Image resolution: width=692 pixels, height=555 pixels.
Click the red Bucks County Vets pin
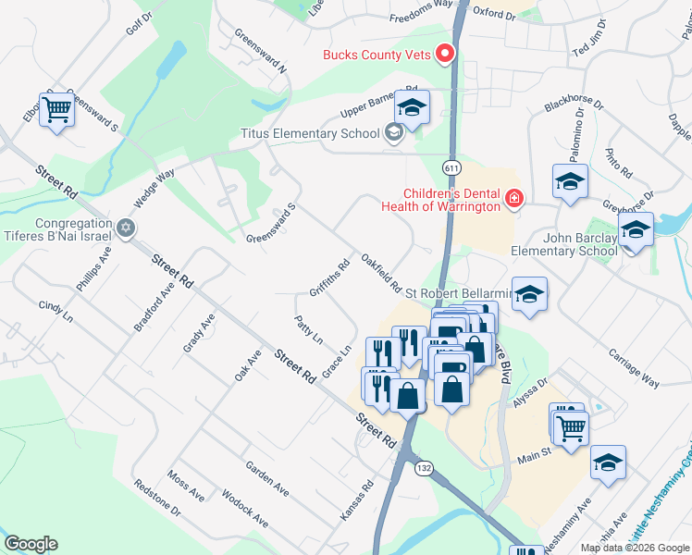tap(445, 54)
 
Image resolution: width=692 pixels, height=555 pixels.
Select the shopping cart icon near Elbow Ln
tap(57, 110)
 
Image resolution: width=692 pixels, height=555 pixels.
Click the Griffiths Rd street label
tap(330, 277)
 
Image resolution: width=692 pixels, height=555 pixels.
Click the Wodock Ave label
tap(245, 509)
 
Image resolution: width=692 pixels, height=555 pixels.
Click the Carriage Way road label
tap(634, 367)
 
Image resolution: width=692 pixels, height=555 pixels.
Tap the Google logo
tap(31, 544)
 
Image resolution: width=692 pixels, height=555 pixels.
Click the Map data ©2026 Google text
tap(634, 548)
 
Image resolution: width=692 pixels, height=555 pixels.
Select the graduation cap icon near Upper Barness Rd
tap(413, 107)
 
